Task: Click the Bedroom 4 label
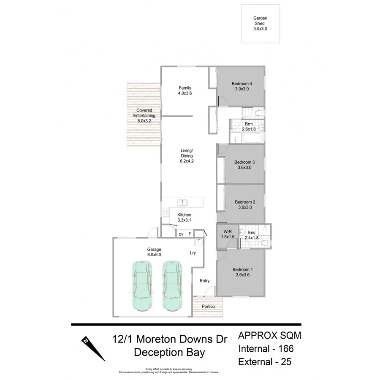(242, 84)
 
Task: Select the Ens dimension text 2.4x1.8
(252, 237)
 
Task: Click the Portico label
(208, 306)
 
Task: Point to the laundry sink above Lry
(198, 242)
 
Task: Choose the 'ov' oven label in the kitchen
(181, 234)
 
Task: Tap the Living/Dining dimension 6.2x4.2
(187, 161)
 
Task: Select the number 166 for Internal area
(285, 349)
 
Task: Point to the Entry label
(204, 281)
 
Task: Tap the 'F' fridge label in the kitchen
(190, 234)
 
